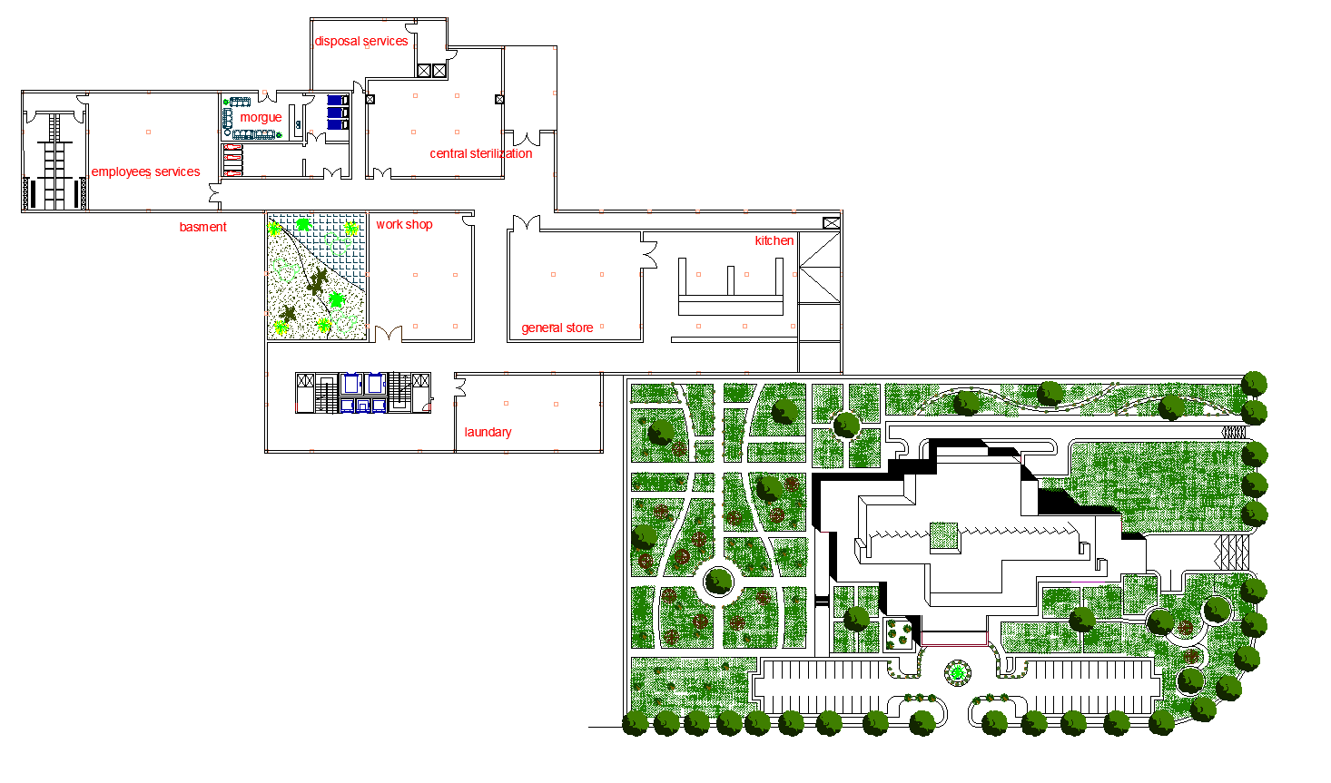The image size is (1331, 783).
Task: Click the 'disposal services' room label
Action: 360,42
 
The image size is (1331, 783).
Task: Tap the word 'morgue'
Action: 261,118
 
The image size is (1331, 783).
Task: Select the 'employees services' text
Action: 145,172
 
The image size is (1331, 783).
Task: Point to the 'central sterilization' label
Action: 480,154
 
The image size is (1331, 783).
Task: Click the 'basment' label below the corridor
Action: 202,228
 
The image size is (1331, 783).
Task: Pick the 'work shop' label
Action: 404,225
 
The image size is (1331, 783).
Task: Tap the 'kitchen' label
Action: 774,241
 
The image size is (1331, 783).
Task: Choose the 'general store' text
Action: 557,328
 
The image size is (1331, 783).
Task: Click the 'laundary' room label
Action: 488,433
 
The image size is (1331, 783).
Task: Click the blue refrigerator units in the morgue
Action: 338,113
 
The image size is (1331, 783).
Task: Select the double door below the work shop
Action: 389,334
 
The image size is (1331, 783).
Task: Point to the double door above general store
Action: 526,223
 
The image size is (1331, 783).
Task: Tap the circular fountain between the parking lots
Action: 956,673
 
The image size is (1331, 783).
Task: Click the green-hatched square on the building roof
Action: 944,536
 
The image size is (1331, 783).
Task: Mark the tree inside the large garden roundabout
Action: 719,581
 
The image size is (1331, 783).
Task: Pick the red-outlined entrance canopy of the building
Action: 954,639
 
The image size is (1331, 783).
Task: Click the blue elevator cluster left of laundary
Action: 363,394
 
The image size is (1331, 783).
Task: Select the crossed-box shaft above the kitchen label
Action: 831,223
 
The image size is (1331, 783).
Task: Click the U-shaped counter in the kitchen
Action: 730,289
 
